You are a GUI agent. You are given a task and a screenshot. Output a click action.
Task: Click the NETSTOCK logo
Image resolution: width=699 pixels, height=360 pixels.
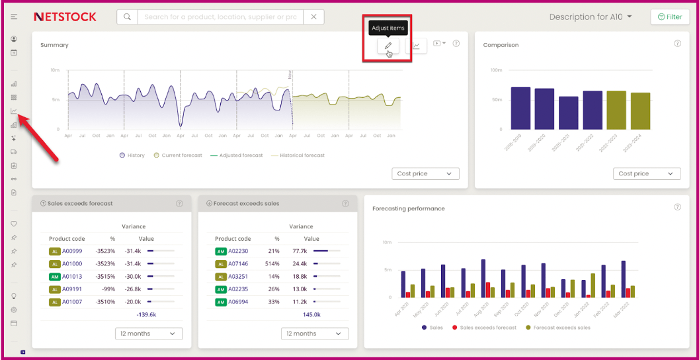(x=65, y=17)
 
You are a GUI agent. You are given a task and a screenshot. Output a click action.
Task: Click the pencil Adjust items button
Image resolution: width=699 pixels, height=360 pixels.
(x=388, y=46)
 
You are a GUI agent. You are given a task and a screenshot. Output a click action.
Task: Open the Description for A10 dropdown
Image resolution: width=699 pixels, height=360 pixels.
(x=591, y=17)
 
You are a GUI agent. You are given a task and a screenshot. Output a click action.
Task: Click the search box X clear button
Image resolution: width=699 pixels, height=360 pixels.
(x=313, y=17)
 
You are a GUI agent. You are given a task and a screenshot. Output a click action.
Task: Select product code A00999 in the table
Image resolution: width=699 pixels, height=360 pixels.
(x=72, y=251)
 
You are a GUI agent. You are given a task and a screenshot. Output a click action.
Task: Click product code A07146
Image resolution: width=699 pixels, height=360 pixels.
(x=239, y=264)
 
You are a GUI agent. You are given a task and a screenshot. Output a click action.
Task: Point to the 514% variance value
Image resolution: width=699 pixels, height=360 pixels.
(x=272, y=264)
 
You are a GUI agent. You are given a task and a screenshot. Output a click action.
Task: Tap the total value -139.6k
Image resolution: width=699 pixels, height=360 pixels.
(x=146, y=315)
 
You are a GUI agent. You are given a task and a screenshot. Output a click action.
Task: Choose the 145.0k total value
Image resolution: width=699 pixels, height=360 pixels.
(x=312, y=315)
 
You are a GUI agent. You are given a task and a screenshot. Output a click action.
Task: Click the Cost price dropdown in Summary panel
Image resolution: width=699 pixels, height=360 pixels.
(x=425, y=174)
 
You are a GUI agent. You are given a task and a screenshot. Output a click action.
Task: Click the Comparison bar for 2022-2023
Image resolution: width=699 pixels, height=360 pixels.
(x=616, y=110)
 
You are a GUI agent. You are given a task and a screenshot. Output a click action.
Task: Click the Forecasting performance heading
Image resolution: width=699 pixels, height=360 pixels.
(x=408, y=208)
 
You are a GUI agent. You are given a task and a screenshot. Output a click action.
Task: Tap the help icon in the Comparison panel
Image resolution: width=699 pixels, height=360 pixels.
(x=677, y=44)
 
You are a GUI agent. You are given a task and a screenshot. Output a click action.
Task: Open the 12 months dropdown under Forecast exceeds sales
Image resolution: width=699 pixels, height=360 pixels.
(x=315, y=334)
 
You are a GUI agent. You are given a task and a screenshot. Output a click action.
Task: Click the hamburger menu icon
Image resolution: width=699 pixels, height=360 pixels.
(x=14, y=17)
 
